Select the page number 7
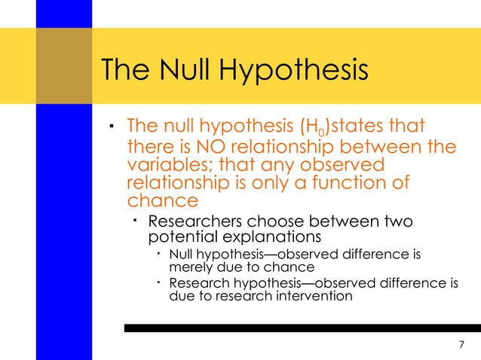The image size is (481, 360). coord(461,345)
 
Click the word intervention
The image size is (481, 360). coord(316,296)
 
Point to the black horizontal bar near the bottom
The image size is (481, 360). coord(302,328)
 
